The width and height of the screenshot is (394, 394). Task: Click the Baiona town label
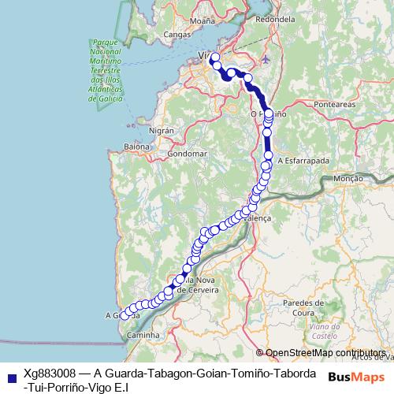click(x=136, y=147)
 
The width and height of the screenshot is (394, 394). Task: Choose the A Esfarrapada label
click(x=303, y=159)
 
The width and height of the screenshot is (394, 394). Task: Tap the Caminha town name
click(x=142, y=335)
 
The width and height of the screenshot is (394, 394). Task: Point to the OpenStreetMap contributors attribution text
click(x=325, y=352)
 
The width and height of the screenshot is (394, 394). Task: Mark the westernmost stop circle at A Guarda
click(x=124, y=316)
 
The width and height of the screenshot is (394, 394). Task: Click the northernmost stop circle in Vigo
click(x=214, y=58)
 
